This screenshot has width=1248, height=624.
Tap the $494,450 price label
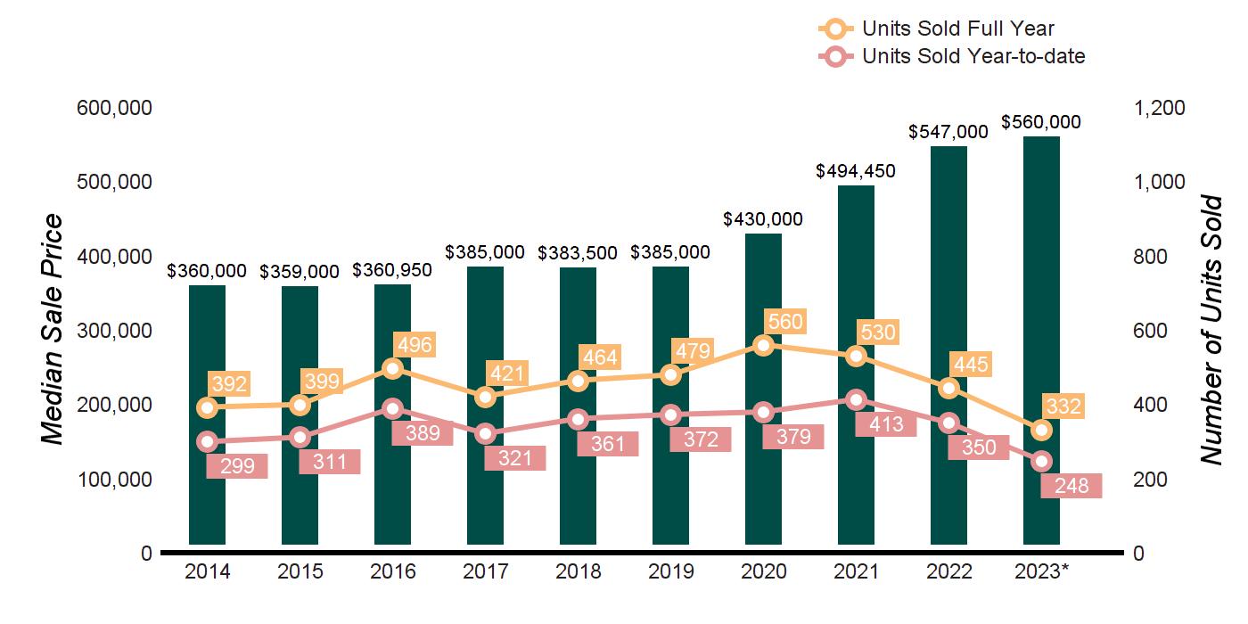click(x=856, y=170)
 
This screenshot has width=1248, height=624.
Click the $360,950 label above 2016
click(x=392, y=270)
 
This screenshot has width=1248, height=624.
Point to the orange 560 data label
click(x=784, y=322)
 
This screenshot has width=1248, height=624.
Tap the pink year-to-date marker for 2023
click(x=1041, y=461)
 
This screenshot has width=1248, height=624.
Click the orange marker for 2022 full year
click(x=948, y=388)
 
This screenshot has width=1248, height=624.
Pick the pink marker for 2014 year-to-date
click(x=207, y=441)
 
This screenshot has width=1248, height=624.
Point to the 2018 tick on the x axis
click(x=578, y=571)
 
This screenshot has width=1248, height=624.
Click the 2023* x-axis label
click(x=1041, y=571)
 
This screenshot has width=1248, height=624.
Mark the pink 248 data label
click(x=1071, y=486)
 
